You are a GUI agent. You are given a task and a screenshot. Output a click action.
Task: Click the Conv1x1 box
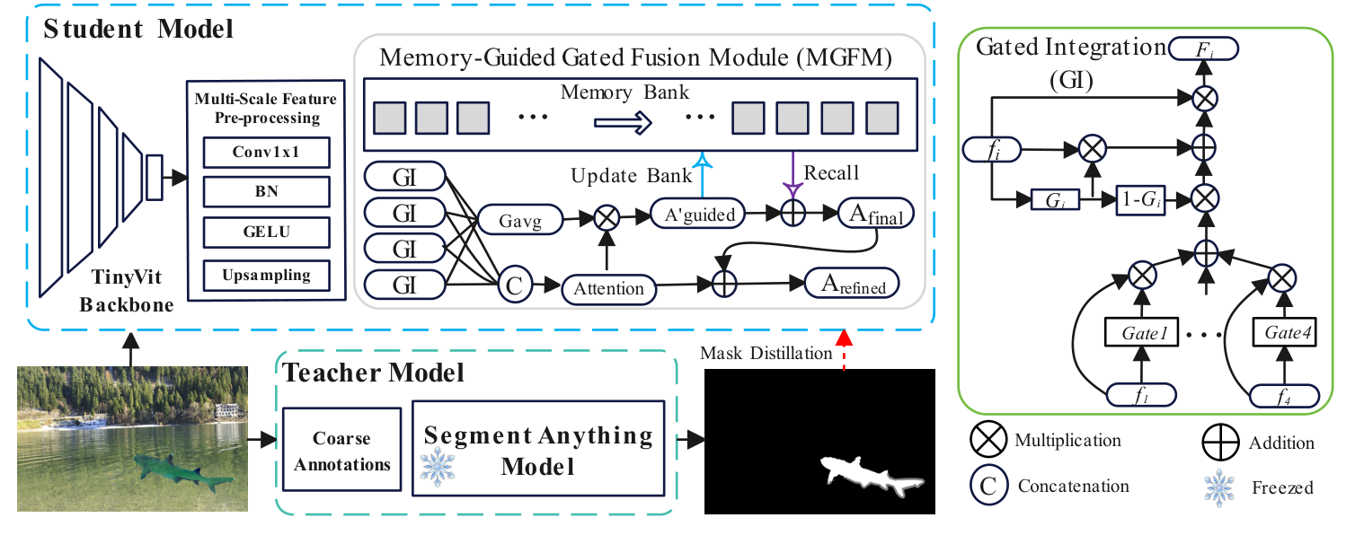coord(267,153)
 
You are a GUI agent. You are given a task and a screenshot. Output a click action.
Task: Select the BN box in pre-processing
coord(267,192)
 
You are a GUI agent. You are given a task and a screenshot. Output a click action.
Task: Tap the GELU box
coord(267,233)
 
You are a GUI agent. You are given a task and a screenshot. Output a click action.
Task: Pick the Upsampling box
coord(267,275)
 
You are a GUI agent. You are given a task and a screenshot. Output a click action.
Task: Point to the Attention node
coord(608,288)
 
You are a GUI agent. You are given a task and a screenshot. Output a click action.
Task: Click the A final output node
coord(875,216)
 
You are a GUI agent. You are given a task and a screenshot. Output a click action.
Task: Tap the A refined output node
coord(853,285)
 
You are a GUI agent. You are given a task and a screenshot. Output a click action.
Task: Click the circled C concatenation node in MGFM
coord(512,286)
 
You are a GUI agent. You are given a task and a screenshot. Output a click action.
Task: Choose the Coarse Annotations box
coord(341,452)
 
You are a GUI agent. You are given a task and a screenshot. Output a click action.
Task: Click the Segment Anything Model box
coord(537,450)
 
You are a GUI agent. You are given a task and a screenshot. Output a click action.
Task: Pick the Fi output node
coord(1204,48)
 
